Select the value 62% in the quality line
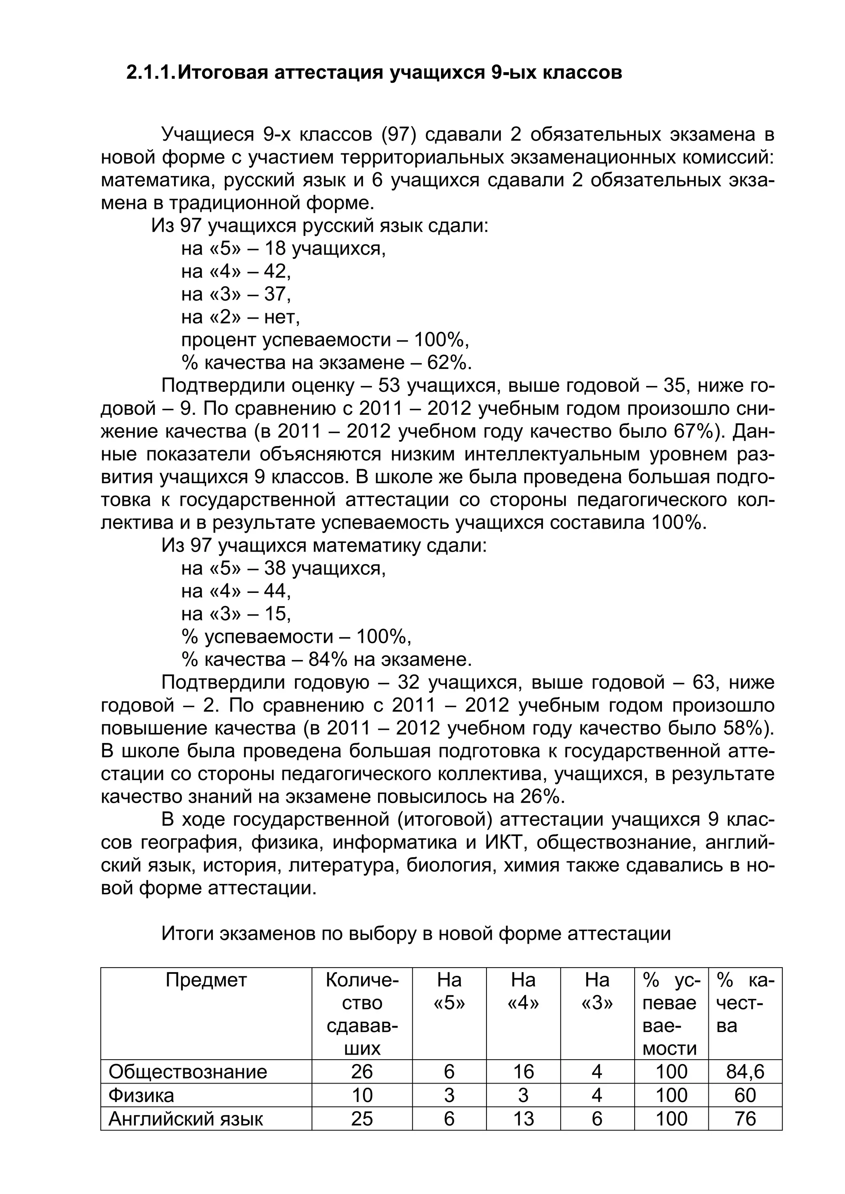[x=448, y=362]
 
